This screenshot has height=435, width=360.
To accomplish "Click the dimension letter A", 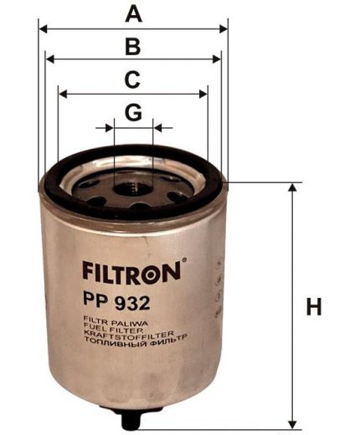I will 132,13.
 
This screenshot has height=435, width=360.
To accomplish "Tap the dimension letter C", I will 132,79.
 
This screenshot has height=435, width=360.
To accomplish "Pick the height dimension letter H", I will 314,307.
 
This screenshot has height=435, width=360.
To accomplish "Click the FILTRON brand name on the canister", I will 129,272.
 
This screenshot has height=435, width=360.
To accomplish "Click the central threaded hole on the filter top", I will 132,187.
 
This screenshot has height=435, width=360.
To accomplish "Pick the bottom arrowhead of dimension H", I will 291,424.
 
